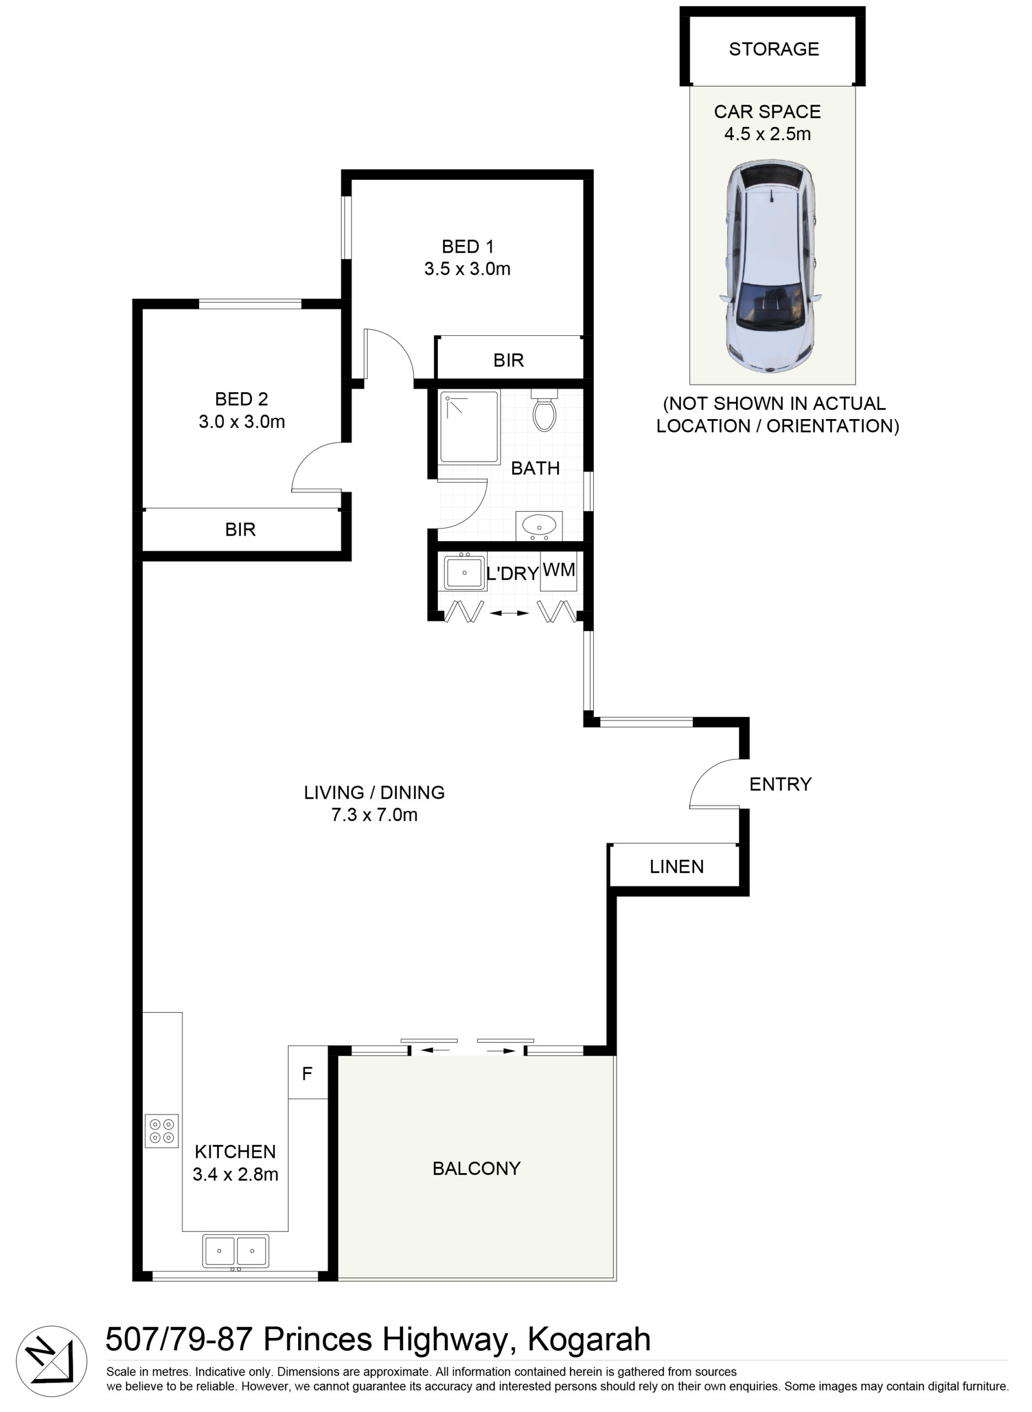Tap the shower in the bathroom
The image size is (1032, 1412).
469,427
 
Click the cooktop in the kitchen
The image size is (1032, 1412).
162,1131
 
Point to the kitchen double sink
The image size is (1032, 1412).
235,1251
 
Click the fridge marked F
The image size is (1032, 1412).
308,1074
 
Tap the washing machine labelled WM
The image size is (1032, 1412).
558,570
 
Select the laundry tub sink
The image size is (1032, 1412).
465,572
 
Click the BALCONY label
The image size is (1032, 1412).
477,1168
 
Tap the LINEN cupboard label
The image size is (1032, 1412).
676,867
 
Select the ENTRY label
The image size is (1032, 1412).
780,784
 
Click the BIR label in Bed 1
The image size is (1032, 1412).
508,360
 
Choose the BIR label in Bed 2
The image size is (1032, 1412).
240,529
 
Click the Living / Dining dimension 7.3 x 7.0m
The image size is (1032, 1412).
374,815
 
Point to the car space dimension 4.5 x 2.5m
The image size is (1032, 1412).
768,134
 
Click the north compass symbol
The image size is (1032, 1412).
52,1361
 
